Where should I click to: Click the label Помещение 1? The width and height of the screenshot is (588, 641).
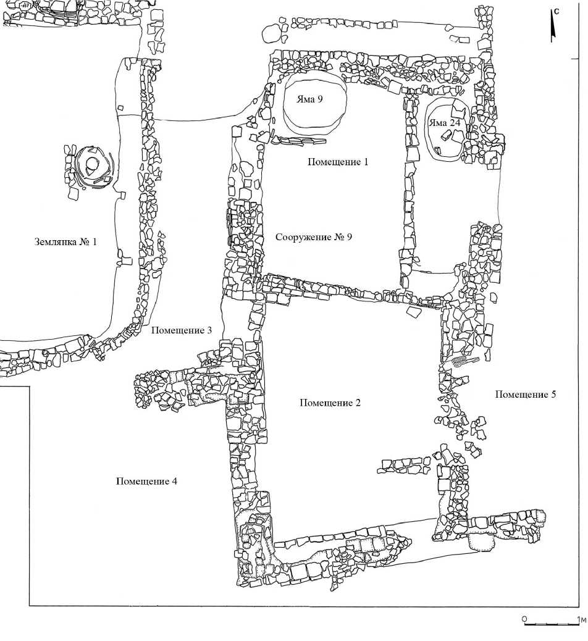pos(338,162)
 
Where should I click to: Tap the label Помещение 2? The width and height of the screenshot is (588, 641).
pos(330,403)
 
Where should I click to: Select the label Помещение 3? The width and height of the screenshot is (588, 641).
pos(182,331)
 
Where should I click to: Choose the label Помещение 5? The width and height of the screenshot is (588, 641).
pos(526,395)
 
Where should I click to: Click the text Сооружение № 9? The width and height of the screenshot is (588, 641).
pos(314,238)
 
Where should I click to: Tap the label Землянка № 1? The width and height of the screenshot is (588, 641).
pos(65,241)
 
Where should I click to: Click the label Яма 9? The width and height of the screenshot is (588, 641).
pos(311,99)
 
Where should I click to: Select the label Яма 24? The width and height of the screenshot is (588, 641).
pos(445,123)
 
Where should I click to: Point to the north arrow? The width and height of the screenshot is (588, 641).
pos(554,28)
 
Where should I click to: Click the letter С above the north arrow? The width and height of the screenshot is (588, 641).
pos(556,10)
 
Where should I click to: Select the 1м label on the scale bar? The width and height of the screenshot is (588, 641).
pos(581,618)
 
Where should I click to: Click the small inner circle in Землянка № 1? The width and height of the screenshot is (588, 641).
pos(92,164)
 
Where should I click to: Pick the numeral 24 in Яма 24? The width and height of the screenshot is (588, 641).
pos(455,123)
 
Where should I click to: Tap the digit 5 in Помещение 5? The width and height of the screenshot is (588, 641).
pos(553,395)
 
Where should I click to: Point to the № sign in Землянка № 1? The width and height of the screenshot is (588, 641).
pos(83,241)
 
